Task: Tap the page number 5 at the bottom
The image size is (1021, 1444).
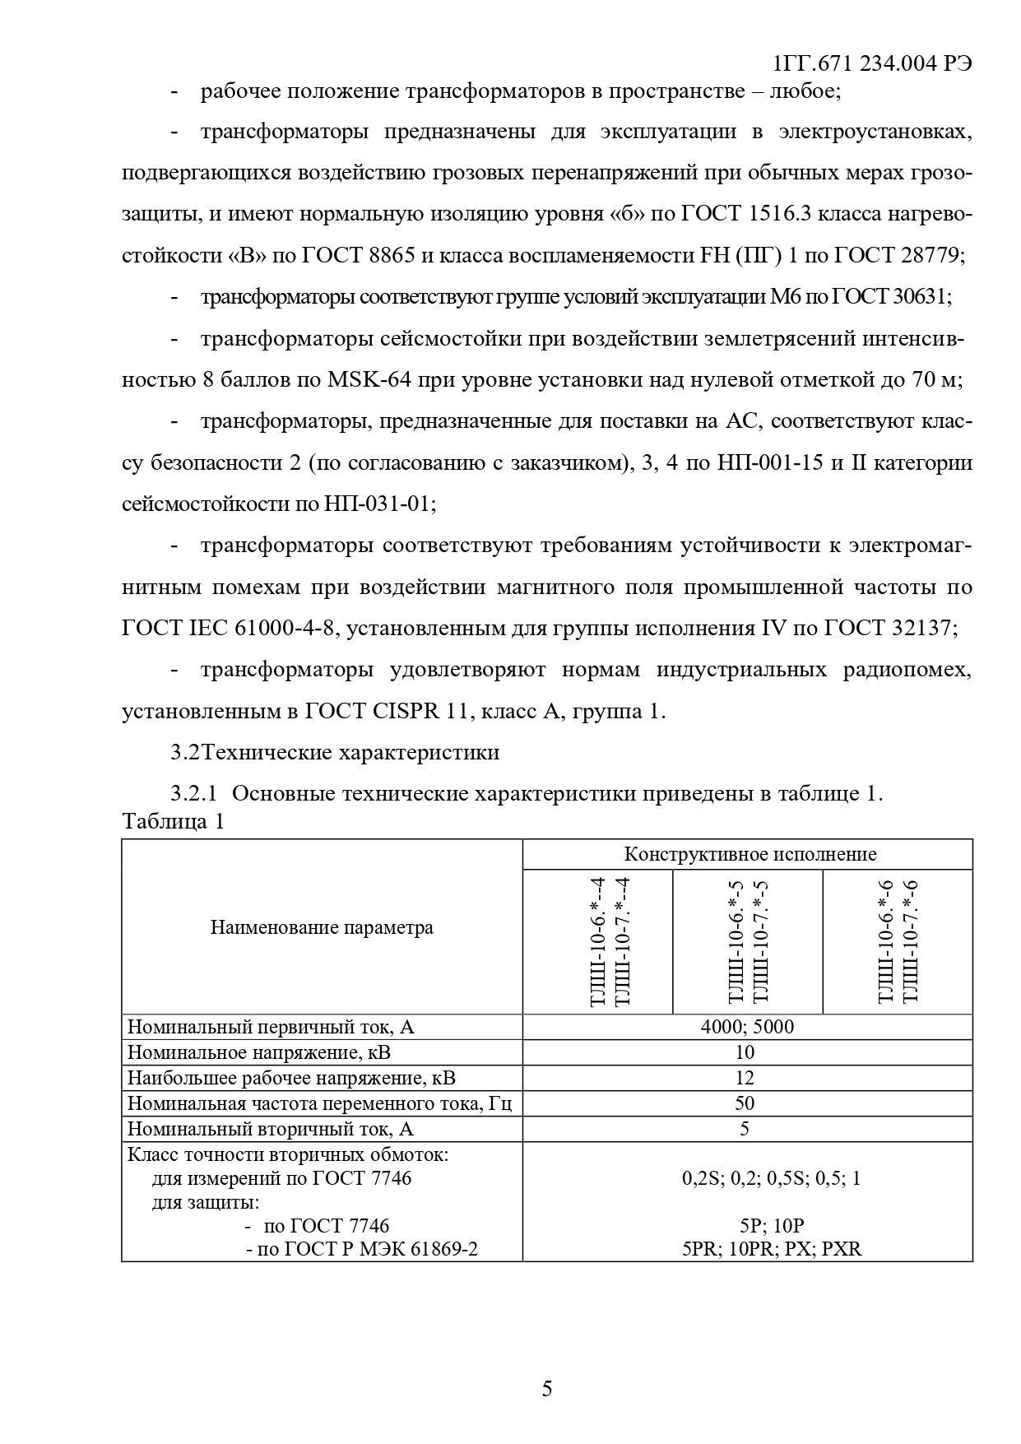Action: pyautogui.click(x=547, y=1389)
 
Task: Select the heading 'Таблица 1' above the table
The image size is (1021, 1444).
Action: pyautogui.click(x=173, y=821)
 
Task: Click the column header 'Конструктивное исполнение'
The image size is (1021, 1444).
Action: pyautogui.click(x=750, y=854)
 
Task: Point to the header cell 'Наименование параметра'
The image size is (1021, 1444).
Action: pyautogui.click(x=322, y=928)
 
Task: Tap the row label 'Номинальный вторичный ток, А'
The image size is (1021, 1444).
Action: pyautogui.click(x=271, y=1129)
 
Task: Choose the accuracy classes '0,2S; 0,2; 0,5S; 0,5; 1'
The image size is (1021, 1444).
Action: pyautogui.click(x=771, y=1178)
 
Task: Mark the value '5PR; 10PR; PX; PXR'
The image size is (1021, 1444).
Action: pyautogui.click(x=771, y=1249)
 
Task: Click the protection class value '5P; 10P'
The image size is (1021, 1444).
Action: pyautogui.click(x=771, y=1226)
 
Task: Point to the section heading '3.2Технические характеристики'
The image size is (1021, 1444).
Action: pyautogui.click(x=335, y=752)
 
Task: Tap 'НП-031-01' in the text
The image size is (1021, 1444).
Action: pyautogui.click(x=378, y=504)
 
